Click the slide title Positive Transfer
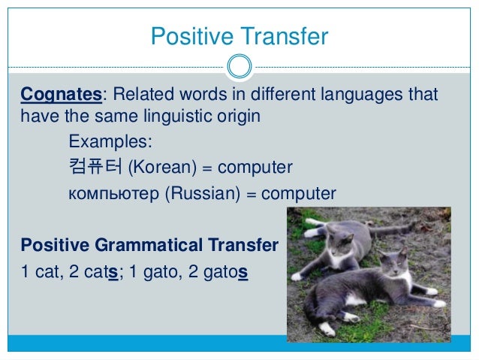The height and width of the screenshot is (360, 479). coord(239,36)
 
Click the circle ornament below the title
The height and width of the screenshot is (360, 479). coord(239,65)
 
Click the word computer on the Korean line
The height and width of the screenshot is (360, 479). coord(256,166)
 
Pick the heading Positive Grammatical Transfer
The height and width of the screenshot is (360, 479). coord(149,245)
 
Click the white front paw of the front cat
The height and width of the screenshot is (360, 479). coord(327,330)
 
